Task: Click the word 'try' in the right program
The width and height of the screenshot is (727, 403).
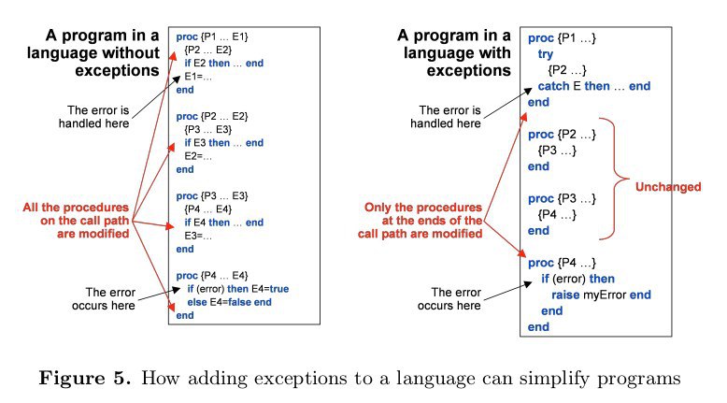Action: tap(546, 54)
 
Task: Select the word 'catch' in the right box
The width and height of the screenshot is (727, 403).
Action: tap(553, 86)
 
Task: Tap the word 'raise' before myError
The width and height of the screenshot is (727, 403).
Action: tap(565, 295)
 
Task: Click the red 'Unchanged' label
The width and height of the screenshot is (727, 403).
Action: tap(667, 186)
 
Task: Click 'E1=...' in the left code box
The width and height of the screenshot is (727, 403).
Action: tap(198, 77)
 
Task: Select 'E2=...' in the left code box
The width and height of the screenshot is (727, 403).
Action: tap(198, 156)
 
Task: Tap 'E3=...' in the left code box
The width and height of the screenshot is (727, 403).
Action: tap(198, 236)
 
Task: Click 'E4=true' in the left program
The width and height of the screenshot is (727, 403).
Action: tap(270, 289)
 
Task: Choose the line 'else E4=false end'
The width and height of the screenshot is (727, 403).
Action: tap(229, 302)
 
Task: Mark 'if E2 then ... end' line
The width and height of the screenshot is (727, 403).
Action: tap(224, 63)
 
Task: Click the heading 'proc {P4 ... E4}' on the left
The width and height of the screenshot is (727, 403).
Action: tap(212, 276)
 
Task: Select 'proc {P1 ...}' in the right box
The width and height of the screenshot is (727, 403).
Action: tap(562, 38)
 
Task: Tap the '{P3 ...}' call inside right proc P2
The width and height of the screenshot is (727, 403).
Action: tap(557, 151)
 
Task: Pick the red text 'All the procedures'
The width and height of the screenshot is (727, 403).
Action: tap(76, 208)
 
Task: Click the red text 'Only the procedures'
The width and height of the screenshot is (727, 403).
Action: tap(423, 208)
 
